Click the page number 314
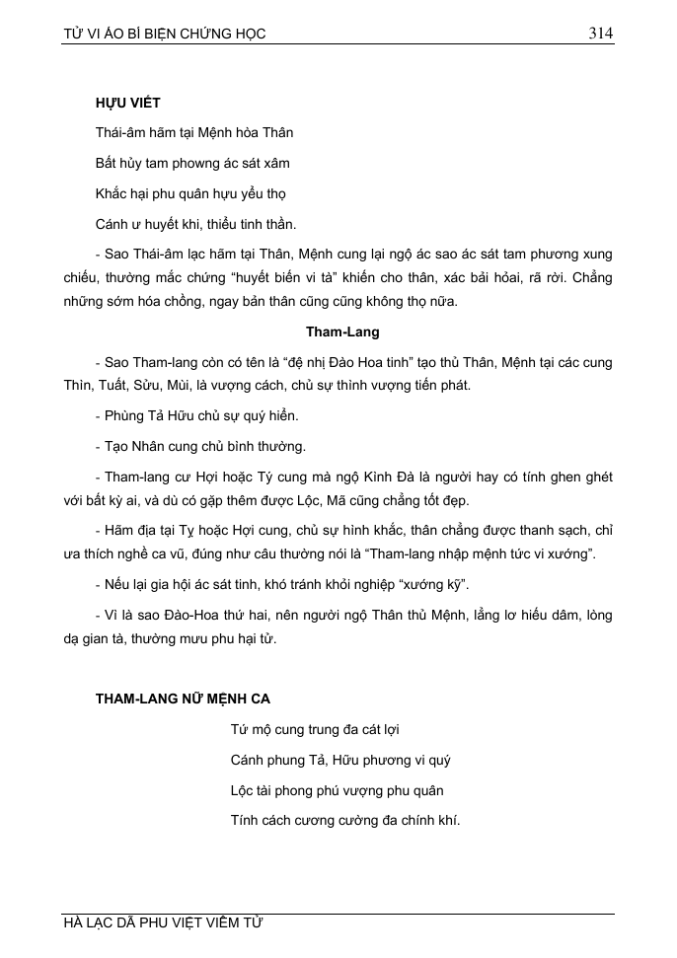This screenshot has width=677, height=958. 601,34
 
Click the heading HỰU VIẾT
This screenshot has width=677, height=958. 128,103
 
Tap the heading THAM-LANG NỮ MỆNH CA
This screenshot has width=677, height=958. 183,699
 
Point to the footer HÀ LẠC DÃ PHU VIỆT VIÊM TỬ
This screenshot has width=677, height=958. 163,923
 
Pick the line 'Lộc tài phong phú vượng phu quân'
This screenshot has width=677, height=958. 337,790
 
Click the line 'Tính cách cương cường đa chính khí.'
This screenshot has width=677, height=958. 344,820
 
